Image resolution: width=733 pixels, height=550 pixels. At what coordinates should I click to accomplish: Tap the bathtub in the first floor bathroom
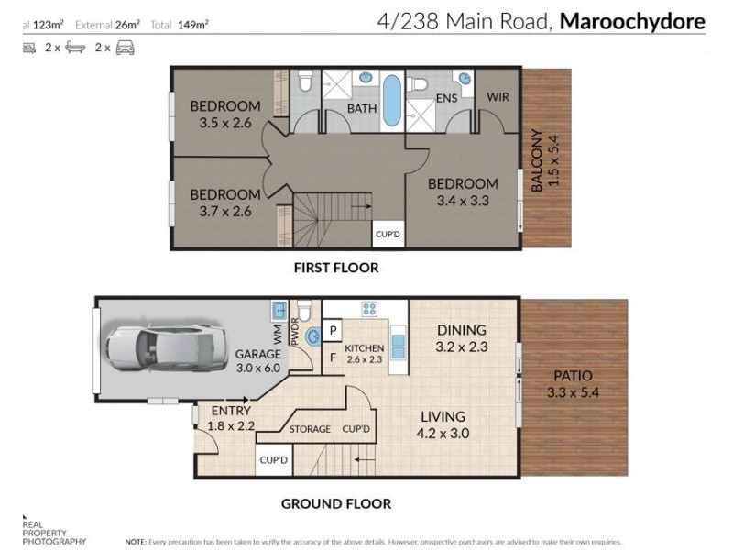click(391, 101)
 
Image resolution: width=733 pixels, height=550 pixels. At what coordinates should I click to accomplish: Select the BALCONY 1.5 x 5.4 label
click(544, 159)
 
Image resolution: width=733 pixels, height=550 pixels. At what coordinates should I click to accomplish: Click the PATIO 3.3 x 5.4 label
click(573, 384)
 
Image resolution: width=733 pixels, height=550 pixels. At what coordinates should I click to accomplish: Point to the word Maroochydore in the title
click(634, 21)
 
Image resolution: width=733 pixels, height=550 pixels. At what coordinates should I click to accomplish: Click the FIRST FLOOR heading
click(336, 268)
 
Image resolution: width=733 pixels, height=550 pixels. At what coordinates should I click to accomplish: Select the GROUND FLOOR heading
click(335, 503)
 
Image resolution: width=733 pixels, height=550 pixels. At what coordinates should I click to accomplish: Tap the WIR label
click(498, 96)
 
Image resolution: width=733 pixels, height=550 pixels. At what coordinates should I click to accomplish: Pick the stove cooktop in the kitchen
click(370, 309)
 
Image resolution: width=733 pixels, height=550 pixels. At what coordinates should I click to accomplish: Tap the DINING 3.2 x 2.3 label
click(461, 338)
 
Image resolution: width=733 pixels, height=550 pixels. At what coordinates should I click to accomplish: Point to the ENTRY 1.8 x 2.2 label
click(231, 418)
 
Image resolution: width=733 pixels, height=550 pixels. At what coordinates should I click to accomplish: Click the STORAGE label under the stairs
click(310, 428)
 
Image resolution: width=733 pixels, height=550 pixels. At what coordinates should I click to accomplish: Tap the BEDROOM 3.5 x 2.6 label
click(224, 115)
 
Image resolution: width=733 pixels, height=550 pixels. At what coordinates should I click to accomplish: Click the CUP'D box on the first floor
click(388, 236)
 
